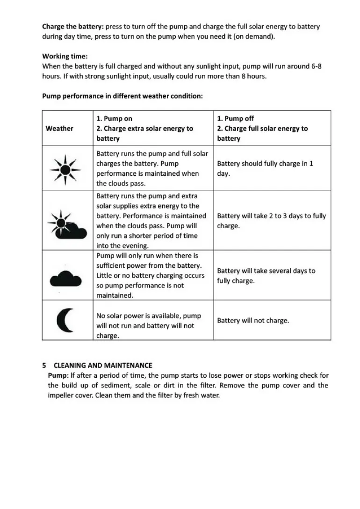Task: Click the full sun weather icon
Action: pos(66,168)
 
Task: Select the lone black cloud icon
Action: pos(65,280)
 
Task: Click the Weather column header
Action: pos(59,128)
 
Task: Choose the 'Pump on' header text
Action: pos(114,119)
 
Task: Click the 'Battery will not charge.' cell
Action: pos(253,321)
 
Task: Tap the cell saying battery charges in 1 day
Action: pos(265,168)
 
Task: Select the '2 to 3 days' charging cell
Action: pos(271,221)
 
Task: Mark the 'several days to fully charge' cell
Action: pos(266,275)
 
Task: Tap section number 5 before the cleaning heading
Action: pos(44,365)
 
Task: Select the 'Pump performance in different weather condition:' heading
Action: pos(122,96)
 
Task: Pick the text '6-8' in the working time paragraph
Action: pos(316,66)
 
